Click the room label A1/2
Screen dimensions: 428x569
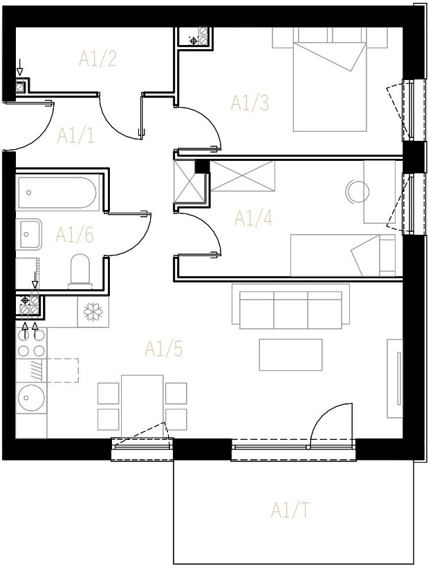(x=97, y=59)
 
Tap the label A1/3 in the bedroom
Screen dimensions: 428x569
(x=250, y=103)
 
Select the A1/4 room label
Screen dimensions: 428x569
(x=253, y=218)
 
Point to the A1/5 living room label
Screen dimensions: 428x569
(x=163, y=349)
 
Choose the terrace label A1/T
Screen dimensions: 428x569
(x=290, y=510)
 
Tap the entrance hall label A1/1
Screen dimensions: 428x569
(x=76, y=135)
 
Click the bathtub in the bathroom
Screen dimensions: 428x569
(x=58, y=192)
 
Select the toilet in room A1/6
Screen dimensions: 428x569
(x=80, y=271)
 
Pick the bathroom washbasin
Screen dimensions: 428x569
(x=29, y=234)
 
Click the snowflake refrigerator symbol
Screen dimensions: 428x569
(x=93, y=311)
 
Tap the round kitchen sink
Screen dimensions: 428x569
(x=31, y=397)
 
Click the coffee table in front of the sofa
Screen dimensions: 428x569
(x=290, y=355)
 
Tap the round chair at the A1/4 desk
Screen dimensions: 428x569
(x=357, y=191)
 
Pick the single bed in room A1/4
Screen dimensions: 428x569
(x=343, y=255)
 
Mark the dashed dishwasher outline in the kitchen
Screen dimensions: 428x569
(x=63, y=370)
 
